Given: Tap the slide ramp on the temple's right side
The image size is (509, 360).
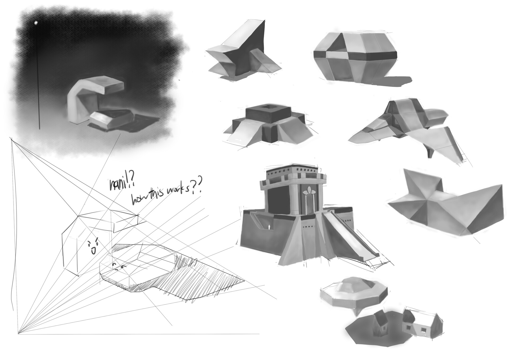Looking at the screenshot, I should point(348,232).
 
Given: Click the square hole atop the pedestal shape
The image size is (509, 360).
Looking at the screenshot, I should point(268,107).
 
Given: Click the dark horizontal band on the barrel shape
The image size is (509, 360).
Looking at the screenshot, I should point(355,55).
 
